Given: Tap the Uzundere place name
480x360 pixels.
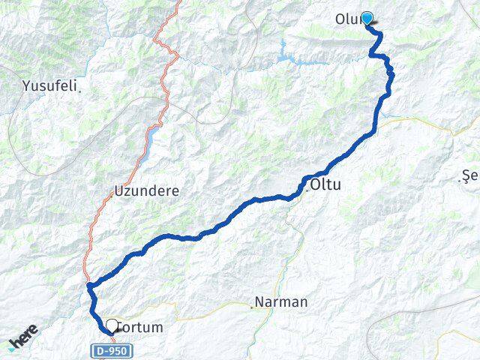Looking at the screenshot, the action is click(146, 190).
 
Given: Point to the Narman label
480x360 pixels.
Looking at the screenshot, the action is click(281, 302).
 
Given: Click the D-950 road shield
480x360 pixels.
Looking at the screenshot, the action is click(112, 349).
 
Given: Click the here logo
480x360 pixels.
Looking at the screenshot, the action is click(23, 341).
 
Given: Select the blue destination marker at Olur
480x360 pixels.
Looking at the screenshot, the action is click(367, 18).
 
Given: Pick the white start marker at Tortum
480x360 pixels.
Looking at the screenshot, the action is click(112, 325).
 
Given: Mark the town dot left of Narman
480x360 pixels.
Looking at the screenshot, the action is click(251, 306).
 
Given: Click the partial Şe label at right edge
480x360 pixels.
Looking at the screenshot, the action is click(471, 178).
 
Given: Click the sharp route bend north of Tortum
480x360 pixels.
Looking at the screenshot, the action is click(89, 285).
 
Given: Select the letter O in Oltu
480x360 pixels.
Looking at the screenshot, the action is click(316, 184).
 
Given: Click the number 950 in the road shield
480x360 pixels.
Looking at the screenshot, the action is click(117, 349).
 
